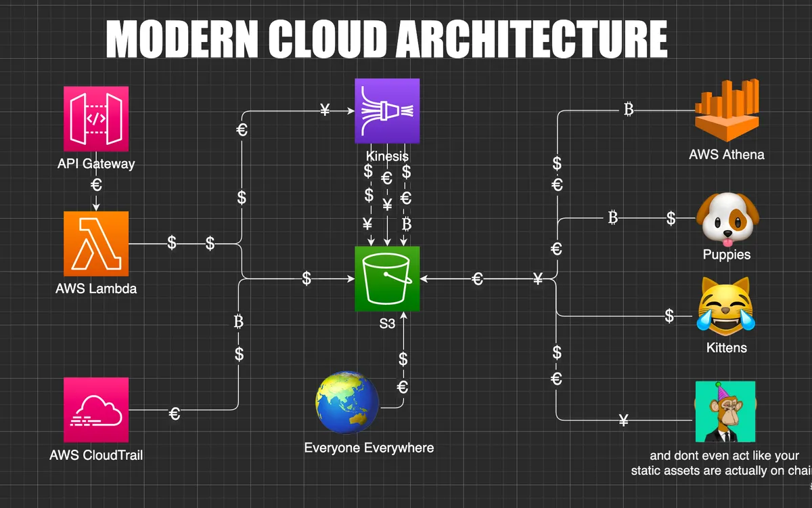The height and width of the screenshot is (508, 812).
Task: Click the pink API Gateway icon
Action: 95,119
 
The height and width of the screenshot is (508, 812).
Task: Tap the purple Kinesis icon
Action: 387,111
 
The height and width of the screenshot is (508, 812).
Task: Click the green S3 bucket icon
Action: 387,278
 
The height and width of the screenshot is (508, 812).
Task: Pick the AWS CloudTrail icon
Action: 95,410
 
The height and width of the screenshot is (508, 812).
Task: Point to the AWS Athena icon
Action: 726,109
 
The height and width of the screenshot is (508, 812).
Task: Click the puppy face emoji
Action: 727,219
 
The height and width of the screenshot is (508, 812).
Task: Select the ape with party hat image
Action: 725,412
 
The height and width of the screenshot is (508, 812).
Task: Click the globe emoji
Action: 348,402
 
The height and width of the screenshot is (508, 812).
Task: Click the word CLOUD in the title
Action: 328,39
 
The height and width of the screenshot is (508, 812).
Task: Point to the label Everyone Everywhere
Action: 369,448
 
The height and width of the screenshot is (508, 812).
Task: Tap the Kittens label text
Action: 726,347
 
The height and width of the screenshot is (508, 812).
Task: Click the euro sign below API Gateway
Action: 96,184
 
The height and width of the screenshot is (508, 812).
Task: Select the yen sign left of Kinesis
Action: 325,110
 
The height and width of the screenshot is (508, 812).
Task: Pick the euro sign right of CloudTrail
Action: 175,412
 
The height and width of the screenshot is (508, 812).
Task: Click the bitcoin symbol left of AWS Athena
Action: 629,110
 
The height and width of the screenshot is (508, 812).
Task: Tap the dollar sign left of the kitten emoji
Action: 669,316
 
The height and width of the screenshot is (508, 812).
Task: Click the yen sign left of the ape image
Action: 624,421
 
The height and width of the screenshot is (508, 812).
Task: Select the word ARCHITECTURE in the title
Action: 532,39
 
